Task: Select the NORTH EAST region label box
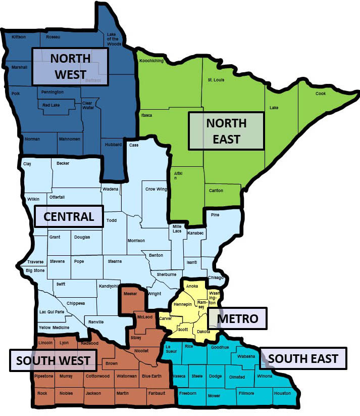pyautogui.click(x=226, y=131)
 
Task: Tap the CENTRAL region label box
pyautogui.click(x=69, y=216)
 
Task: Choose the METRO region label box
pyautogui.click(x=237, y=318)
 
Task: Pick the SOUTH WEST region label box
pyautogui.click(x=53, y=360)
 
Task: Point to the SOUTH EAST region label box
pyautogui.click(x=303, y=359)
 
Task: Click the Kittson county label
pyautogui.click(x=19, y=37)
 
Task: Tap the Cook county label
pyautogui.click(x=321, y=94)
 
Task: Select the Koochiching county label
pyautogui.click(x=151, y=61)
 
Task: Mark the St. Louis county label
pyautogui.click(x=216, y=80)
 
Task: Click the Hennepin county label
pyautogui.click(x=182, y=305)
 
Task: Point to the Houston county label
pyautogui.click(x=282, y=393)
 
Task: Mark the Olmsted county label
pyautogui.click(x=237, y=377)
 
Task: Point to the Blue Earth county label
pyautogui.click(x=152, y=377)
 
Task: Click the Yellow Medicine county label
pyautogui.click(x=54, y=328)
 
